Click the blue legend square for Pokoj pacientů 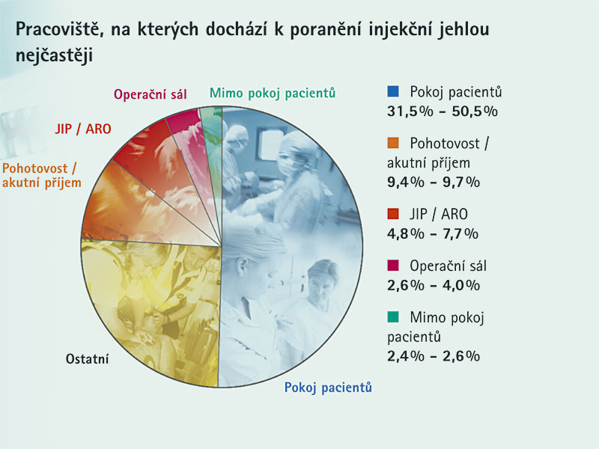click(x=392, y=91)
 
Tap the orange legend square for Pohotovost click(x=392, y=143)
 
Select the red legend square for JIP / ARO click(x=392, y=213)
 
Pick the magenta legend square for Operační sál click(x=392, y=266)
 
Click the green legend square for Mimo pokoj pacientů click(x=392, y=317)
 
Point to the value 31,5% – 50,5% click(x=443, y=111)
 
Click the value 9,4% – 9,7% click(x=434, y=182)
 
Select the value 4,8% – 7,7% click(x=433, y=233)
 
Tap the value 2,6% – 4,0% click(x=434, y=285)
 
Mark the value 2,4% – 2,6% click(x=434, y=356)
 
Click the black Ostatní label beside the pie click(x=87, y=359)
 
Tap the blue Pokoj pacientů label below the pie click(x=328, y=388)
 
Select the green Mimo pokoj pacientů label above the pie click(x=273, y=93)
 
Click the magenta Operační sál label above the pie click(x=150, y=94)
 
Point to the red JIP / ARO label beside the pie click(x=83, y=129)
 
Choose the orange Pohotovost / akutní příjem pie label click(x=42, y=176)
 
